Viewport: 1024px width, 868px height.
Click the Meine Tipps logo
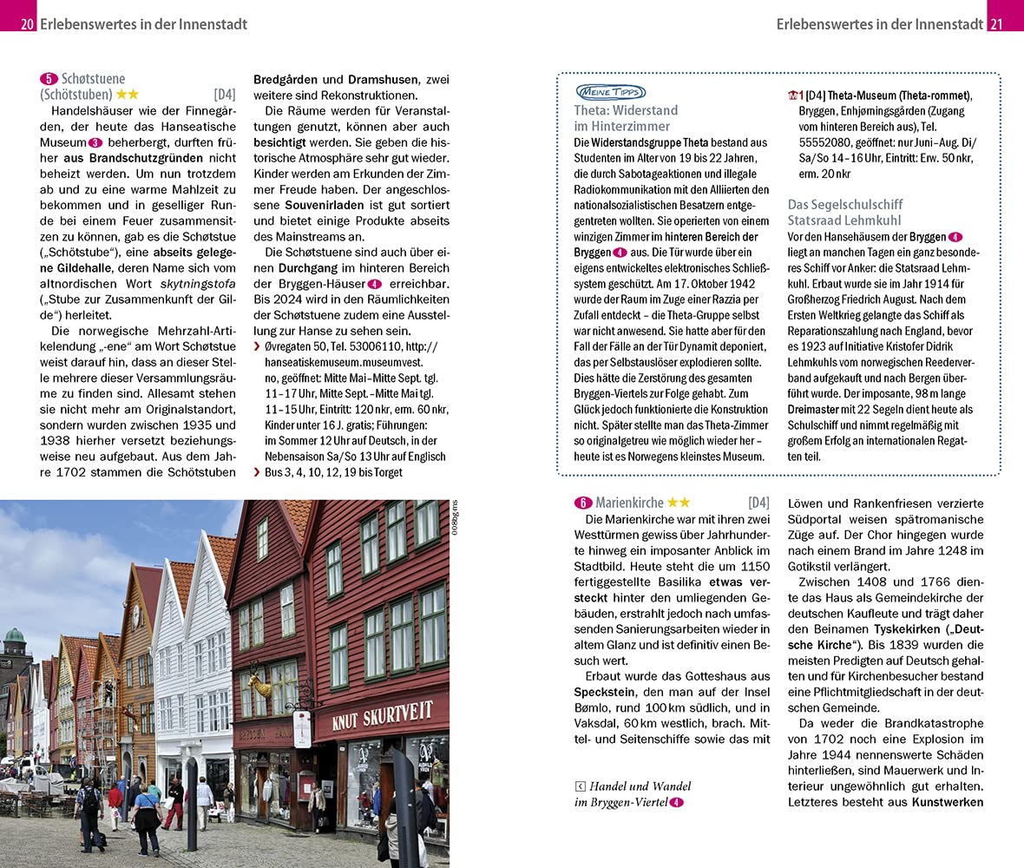(x=609, y=92)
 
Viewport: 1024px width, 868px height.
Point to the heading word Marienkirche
(x=629, y=503)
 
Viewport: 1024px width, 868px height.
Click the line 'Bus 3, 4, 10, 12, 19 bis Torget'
(x=334, y=473)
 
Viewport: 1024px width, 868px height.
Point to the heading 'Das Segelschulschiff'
(x=844, y=205)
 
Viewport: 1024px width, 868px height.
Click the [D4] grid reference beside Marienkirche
(x=758, y=503)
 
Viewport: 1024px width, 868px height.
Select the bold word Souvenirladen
(x=325, y=206)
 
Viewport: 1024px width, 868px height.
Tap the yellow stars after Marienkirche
(x=679, y=503)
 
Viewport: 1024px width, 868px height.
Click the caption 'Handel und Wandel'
(x=640, y=786)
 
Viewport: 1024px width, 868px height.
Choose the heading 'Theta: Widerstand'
(x=626, y=110)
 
